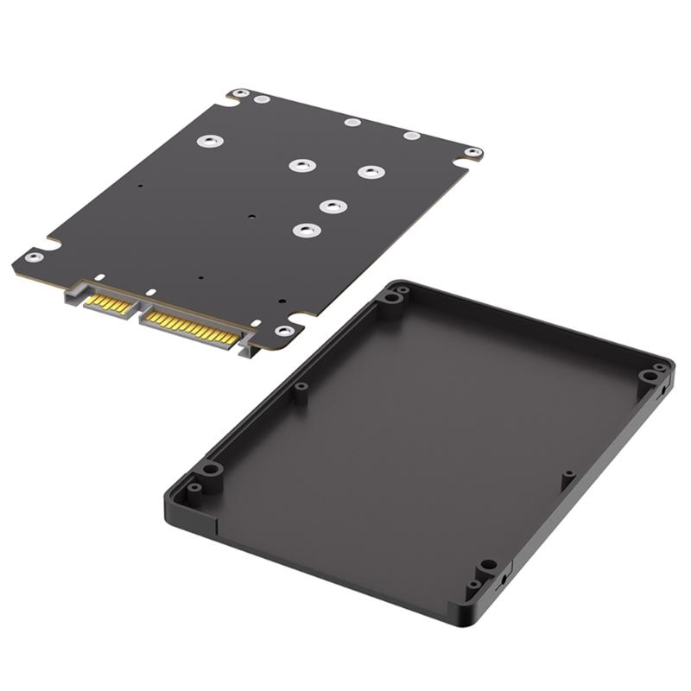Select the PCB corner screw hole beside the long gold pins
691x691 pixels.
point(283,331)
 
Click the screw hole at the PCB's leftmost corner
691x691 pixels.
point(32,257)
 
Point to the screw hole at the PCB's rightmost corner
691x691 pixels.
point(471,152)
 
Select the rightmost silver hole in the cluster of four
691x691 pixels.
point(371,172)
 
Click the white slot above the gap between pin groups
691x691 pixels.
point(149,293)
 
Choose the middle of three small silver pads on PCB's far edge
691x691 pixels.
point(351,122)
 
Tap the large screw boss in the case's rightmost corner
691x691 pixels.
point(648,376)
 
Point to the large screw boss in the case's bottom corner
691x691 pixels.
point(488,565)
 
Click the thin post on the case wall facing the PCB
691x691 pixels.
point(301,388)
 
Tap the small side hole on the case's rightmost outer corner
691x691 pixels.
point(662,390)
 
